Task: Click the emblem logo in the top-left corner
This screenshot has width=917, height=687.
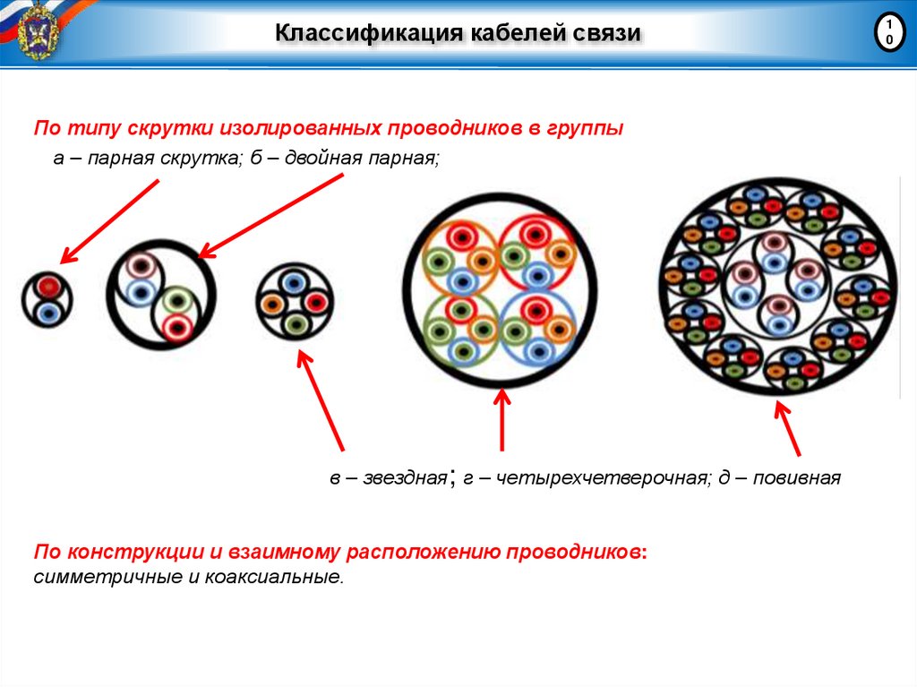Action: click(38, 31)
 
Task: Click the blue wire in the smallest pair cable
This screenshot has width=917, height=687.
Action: click(47, 312)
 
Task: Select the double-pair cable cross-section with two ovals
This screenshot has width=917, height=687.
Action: click(161, 294)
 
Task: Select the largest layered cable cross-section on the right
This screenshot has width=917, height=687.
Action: click(776, 286)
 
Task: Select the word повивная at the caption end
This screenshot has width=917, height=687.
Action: click(796, 479)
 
